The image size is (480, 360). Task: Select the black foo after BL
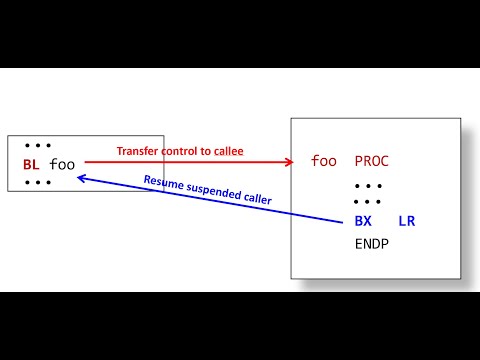click(62, 164)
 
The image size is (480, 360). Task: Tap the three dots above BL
click(37, 146)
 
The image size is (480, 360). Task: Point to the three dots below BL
click(37, 183)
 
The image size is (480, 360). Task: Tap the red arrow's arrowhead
click(292, 161)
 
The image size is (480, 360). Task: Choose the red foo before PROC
click(323, 160)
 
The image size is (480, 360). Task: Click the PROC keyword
click(371, 160)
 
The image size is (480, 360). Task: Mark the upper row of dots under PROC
click(368, 185)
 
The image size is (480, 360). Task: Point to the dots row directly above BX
click(368, 202)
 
